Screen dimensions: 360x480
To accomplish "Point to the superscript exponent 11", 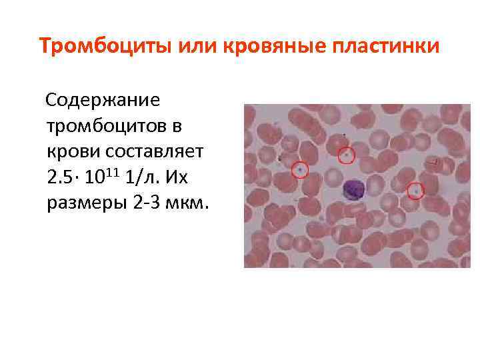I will point(111,172).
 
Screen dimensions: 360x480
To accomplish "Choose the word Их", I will point(176,177).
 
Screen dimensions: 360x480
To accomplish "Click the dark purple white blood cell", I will point(351,191).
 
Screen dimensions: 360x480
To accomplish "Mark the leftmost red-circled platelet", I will point(300,171).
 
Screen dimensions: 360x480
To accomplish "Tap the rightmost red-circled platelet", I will point(416,191).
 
